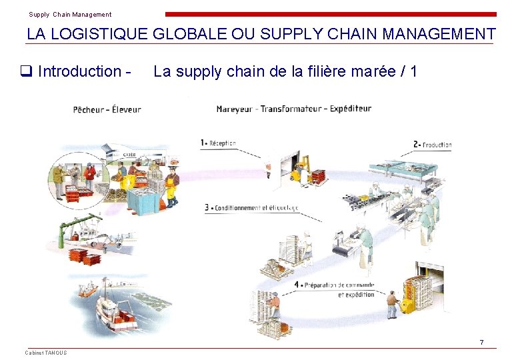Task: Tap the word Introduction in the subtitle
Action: pyautogui.click(x=79, y=71)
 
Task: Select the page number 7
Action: pyautogui.click(x=481, y=343)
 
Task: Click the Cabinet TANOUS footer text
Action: pyautogui.click(x=46, y=353)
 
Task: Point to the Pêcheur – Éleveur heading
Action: pyautogui.click(x=107, y=109)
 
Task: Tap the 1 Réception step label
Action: pyautogui.click(x=219, y=143)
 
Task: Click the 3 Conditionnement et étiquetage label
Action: pyautogui.click(x=251, y=208)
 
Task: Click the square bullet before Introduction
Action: pyautogui.click(x=29, y=71)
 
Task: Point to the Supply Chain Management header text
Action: pyautogui.click(x=70, y=15)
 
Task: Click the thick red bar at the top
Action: pyautogui.click(x=331, y=14)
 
